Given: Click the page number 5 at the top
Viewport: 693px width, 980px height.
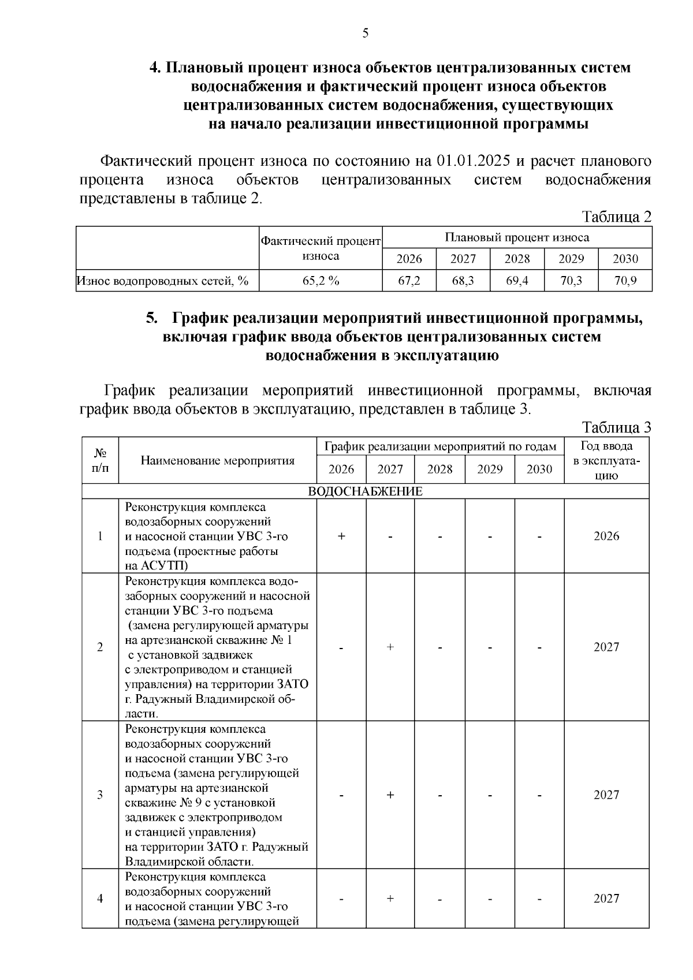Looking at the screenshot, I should tap(365, 33).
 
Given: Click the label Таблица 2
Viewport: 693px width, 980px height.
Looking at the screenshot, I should tap(616, 217).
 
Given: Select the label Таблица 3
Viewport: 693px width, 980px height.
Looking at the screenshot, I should tap(616, 427).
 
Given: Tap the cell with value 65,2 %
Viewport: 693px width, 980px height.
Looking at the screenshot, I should tap(321, 281).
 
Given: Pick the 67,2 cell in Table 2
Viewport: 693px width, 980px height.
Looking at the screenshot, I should tap(409, 281).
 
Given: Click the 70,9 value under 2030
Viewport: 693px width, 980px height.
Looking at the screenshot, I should tap(625, 281).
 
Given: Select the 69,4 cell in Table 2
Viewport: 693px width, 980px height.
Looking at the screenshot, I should tap(517, 281).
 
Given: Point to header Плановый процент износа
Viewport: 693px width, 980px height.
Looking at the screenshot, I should tap(517, 237).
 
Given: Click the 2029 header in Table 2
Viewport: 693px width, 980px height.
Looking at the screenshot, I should tap(571, 259).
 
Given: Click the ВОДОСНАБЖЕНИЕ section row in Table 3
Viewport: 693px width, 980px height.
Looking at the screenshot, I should tap(365, 491).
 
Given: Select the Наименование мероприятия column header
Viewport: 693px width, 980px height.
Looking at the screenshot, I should tap(217, 460).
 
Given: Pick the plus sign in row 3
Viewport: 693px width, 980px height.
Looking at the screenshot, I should tap(390, 795).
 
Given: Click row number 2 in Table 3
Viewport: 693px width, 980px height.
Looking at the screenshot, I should tap(100, 647).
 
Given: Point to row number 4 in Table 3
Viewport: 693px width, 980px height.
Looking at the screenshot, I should tap(100, 899).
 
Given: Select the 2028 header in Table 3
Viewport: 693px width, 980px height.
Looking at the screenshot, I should tap(439, 469).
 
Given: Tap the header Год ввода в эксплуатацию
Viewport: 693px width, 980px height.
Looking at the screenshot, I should tap(606, 460).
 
